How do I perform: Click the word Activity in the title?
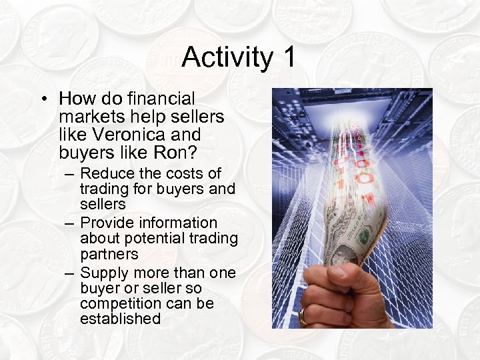(x=227, y=57)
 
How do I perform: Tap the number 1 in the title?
(x=288, y=57)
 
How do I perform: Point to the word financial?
(x=163, y=99)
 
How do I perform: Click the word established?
(x=120, y=319)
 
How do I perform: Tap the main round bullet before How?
(x=43, y=100)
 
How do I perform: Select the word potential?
(x=156, y=239)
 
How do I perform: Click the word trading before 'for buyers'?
(x=104, y=189)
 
